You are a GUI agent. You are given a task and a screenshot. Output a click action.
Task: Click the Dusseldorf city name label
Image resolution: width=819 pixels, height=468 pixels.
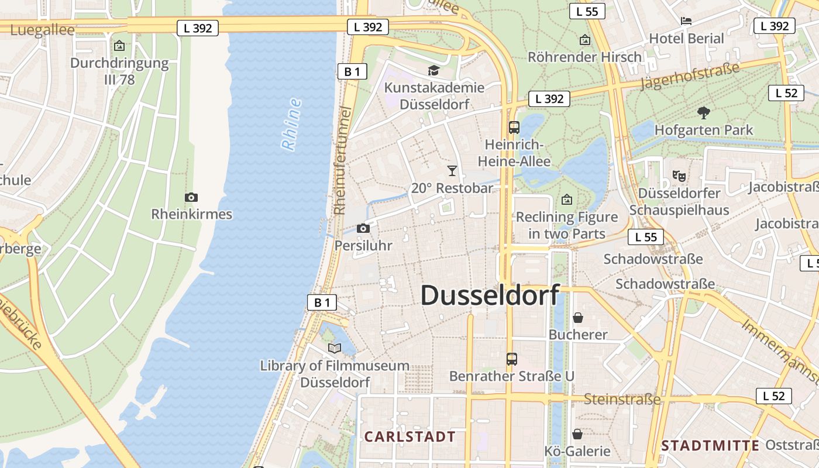click(x=490, y=295)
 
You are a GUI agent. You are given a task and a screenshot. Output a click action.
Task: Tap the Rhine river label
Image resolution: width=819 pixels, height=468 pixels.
click(x=291, y=124)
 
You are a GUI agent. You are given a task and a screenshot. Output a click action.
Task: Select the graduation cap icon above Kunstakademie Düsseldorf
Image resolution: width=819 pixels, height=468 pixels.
click(x=433, y=71)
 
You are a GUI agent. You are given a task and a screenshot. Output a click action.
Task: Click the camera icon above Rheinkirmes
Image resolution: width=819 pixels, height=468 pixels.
click(x=191, y=198)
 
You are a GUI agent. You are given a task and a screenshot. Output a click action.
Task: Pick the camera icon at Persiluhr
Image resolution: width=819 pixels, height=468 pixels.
click(x=363, y=229)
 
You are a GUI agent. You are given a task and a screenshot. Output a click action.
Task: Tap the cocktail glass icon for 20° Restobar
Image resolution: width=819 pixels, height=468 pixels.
click(x=452, y=171)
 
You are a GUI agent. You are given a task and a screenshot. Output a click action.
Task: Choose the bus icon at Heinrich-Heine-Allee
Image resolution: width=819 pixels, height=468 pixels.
click(x=514, y=127)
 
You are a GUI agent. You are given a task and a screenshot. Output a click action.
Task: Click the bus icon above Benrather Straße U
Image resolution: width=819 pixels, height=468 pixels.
click(x=512, y=359)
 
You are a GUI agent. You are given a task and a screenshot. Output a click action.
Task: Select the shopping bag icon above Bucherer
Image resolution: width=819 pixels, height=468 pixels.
click(x=578, y=318)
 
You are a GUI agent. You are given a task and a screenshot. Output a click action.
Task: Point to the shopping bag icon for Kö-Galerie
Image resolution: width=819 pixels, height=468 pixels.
click(x=577, y=434)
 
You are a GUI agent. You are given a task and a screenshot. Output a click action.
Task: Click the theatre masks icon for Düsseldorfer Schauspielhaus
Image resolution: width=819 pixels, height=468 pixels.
click(x=679, y=175)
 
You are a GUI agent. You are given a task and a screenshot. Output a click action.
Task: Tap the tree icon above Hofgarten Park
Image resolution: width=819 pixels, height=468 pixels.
click(x=704, y=112)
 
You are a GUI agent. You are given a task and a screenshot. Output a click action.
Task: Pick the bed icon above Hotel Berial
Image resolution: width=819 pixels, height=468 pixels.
click(x=686, y=21)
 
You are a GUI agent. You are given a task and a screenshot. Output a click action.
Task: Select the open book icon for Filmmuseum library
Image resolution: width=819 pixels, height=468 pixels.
click(x=335, y=349)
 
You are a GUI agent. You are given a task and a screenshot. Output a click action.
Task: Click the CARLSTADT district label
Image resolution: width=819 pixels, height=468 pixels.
click(x=409, y=436)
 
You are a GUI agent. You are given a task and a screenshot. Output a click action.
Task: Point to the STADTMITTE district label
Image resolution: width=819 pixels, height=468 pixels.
click(x=710, y=446)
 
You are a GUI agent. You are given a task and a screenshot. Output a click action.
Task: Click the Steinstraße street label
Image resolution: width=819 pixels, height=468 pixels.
click(x=622, y=400)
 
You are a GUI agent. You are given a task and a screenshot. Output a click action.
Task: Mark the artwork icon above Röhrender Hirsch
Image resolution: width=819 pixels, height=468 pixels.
click(x=584, y=40)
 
